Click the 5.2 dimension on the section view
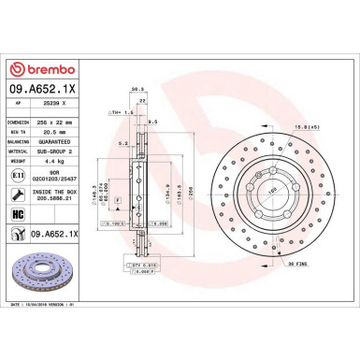pos(122,143)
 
